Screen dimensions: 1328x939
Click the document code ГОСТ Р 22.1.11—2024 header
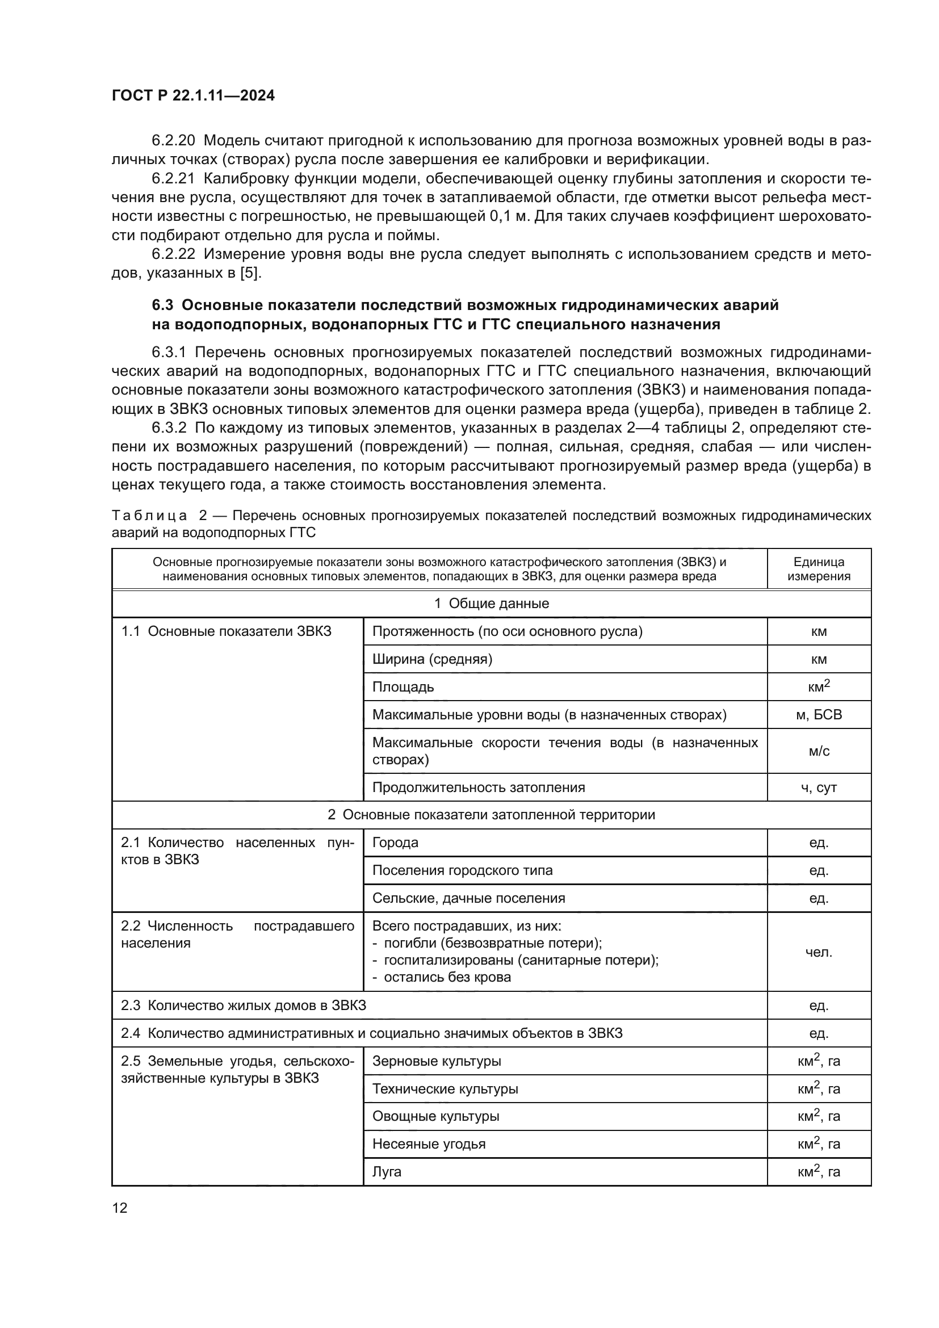193,96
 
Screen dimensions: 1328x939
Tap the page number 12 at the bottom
120,1208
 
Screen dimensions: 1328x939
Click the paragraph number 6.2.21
174,179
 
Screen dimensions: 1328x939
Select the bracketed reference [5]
250,273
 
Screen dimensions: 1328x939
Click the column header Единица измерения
818,568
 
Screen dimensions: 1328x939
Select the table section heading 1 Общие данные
491,604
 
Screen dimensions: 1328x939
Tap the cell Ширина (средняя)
432,659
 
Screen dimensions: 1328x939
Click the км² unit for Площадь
818,686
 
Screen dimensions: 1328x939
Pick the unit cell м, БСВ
818,715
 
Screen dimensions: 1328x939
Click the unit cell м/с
818,751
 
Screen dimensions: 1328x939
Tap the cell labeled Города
395,843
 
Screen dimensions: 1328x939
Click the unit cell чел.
818,953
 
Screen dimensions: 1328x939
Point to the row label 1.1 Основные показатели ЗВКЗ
226,631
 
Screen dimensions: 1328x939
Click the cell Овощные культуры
435,1116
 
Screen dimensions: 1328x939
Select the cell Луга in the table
387,1172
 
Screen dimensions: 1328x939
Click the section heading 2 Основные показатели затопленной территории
491,815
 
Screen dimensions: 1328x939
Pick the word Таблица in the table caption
149,516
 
